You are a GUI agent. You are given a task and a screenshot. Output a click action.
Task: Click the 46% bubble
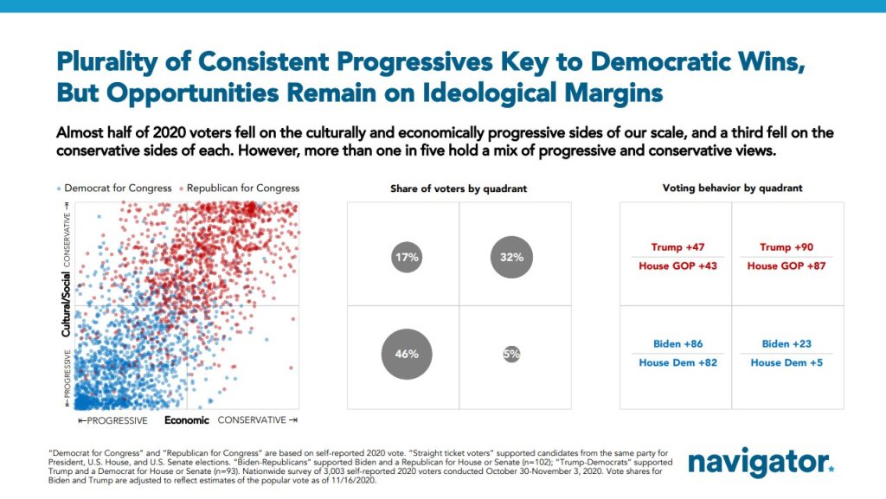pyautogui.click(x=407, y=355)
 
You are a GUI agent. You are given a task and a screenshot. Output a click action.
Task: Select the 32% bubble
pyautogui.click(x=511, y=257)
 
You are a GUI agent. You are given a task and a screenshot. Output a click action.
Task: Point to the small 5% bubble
pyautogui.click(x=511, y=354)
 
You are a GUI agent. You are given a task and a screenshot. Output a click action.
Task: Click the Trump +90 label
pyautogui.click(x=786, y=247)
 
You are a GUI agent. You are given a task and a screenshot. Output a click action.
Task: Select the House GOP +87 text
pyautogui.click(x=786, y=265)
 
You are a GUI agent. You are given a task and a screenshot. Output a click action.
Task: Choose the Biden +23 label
pyautogui.click(x=786, y=344)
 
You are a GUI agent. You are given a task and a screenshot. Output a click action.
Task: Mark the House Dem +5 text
pyautogui.click(x=786, y=362)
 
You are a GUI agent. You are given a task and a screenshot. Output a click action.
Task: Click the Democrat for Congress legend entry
pyautogui.click(x=108, y=188)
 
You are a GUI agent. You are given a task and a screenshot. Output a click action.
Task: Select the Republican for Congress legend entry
pyautogui.click(x=238, y=188)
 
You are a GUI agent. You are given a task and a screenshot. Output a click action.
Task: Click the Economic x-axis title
pyautogui.click(x=187, y=420)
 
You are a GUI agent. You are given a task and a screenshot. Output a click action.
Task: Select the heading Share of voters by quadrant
pyautogui.click(x=458, y=188)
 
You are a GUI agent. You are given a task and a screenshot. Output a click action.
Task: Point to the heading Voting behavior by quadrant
pyautogui.click(x=732, y=188)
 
